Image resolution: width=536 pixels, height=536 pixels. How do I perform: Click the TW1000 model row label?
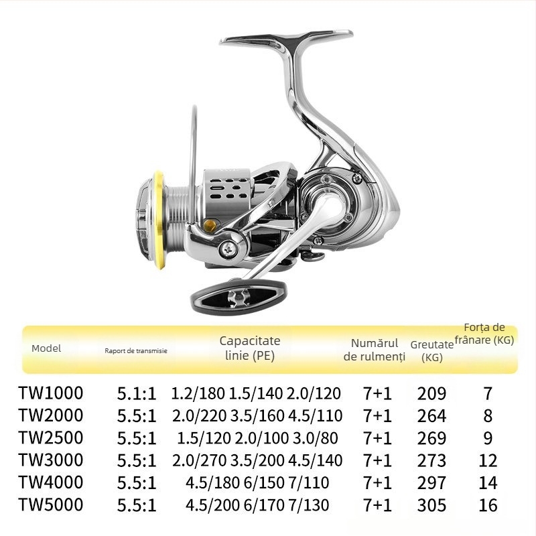pos(50,393)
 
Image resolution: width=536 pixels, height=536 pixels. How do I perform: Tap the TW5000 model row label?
pos(50,504)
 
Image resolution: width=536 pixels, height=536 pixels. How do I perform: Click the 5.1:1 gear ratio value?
pos(136,394)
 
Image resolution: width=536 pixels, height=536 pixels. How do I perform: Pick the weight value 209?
pos(431,394)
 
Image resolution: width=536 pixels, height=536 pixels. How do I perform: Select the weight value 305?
pos(431,505)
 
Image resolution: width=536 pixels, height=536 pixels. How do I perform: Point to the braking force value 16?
pos(488,505)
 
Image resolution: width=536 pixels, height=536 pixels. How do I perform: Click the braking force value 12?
pos(488,460)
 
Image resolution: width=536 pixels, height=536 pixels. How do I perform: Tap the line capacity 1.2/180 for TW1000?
pos(198,394)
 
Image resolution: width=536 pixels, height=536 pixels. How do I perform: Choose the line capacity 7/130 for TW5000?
pos(309,505)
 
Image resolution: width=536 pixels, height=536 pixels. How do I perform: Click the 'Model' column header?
pos(46,348)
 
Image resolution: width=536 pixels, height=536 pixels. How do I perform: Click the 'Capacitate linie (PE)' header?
pos(250,348)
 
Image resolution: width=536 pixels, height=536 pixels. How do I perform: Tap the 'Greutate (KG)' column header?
pos(432,350)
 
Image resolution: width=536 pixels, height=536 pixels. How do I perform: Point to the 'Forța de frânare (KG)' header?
pos(484,334)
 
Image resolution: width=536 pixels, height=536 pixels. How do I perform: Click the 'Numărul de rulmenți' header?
pos(375,350)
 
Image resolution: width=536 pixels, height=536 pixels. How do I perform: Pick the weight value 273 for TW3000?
pos(431,460)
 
